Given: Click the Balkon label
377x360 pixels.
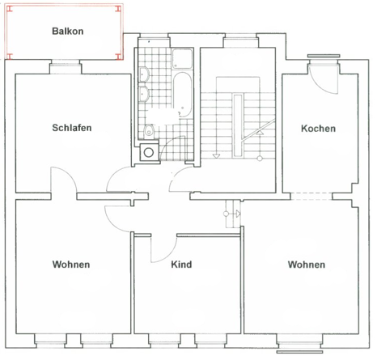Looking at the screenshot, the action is coord(68,31).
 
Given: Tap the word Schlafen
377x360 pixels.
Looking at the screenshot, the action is coord(72,128).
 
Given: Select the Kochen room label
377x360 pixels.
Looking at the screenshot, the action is coord(318,129).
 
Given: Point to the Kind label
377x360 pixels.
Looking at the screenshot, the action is coord(181,265).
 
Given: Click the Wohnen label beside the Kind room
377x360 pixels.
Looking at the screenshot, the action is coord(307,265).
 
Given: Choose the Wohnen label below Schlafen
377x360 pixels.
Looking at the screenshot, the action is coord(71,265).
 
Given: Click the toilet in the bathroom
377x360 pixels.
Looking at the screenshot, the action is coord(148,131).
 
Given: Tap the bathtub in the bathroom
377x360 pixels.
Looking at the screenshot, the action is coord(182,95).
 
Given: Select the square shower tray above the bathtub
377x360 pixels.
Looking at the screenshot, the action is coord(183,58).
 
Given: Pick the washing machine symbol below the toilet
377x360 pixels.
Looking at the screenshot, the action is coord(149,152).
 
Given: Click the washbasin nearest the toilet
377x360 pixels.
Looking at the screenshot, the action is coord(145,94).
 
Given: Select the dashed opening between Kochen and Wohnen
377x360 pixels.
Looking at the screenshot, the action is coord(311,197).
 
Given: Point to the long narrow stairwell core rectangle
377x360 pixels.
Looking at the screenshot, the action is coord(238,125).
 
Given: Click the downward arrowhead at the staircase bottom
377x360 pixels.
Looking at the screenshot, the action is coord(216,156).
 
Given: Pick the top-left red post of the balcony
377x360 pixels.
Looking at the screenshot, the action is coord(10,9).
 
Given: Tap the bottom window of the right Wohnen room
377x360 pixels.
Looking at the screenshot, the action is coord(299,345).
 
